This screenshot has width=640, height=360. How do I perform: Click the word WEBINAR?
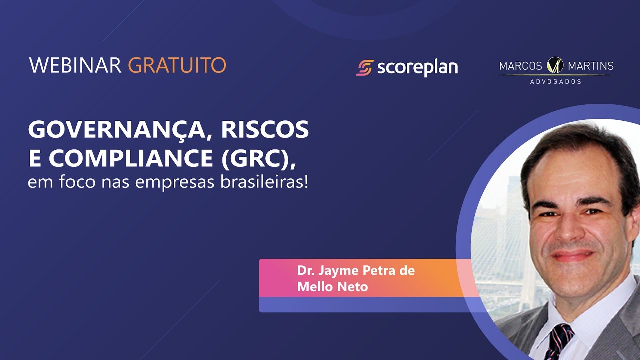(75, 65)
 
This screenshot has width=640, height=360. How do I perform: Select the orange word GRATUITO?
(177, 65)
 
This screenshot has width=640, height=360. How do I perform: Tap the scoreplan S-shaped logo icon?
(365, 68)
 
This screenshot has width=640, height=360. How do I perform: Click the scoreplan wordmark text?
(417, 68)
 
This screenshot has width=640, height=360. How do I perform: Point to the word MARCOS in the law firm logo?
(520, 66)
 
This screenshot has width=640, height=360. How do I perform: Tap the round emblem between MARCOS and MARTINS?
(555, 65)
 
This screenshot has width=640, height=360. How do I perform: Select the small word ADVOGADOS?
(555, 81)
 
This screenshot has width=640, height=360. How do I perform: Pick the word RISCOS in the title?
(265, 130)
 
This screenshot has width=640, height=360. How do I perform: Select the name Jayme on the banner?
(336, 271)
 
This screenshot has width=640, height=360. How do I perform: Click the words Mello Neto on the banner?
(332, 287)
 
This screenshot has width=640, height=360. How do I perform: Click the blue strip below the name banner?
(365, 305)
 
